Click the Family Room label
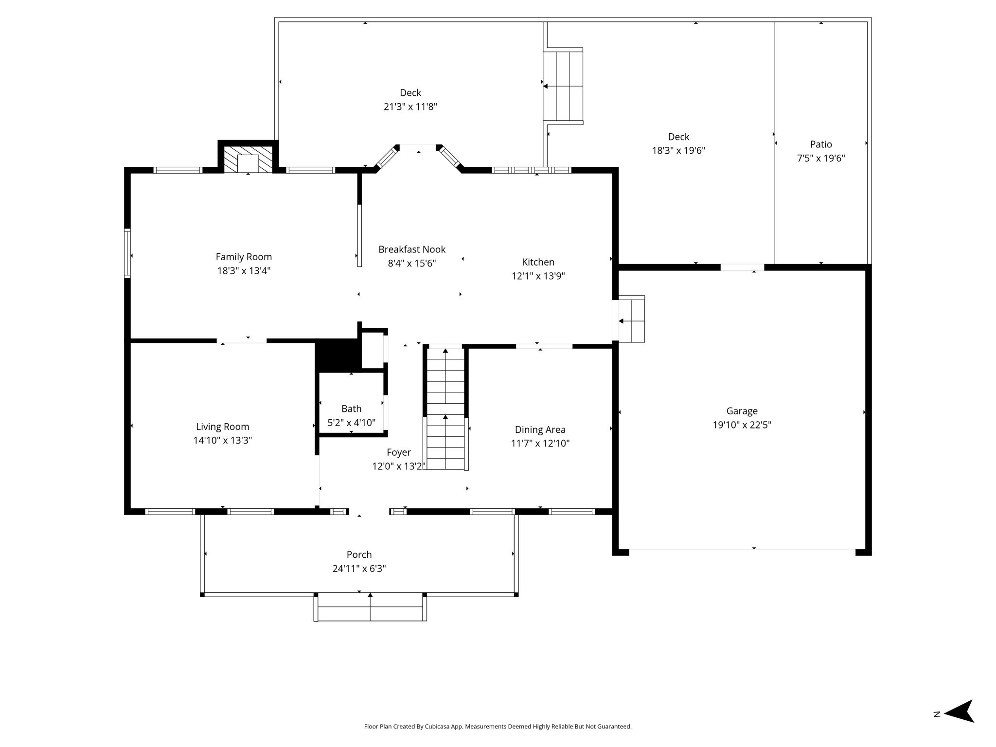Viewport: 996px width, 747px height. point(244,257)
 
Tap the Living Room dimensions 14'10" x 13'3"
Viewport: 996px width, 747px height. point(223,441)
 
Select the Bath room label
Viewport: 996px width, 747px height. point(351,409)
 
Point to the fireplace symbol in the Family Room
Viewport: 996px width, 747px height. point(249,159)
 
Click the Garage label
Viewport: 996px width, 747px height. point(742,411)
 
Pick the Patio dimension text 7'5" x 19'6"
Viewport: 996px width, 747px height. point(821,158)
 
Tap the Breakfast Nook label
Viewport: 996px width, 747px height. point(412,249)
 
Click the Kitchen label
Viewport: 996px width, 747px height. point(538,262)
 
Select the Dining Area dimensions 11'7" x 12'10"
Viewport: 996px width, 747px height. point(540,444)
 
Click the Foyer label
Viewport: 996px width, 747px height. point(399,453)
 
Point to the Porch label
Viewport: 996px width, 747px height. point(359,555)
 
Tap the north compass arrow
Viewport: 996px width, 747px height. point(959,714)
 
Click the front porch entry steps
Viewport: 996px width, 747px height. point(370,606)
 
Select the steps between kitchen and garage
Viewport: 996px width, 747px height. point(632,319)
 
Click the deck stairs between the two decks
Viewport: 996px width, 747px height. point(563,86)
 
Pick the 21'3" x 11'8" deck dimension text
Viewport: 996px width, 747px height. point(410,107)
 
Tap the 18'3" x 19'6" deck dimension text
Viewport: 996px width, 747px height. point(678,151)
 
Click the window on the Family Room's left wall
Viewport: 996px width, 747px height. point(127,253)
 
